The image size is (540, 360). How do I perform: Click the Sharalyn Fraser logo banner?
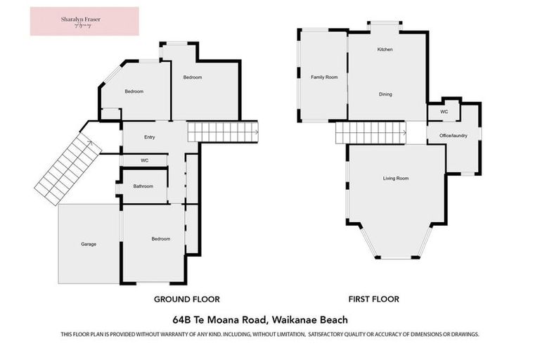pyautogui.click(x=84, y=21)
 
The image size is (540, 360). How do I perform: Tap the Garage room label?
pyautogui.click(x=88, y=244)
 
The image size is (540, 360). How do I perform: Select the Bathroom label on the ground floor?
pyautogui.click(x=143, y=186)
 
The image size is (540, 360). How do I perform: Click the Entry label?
pyautogui.click(x=149, y=137)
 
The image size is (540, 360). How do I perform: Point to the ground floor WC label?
pyautogui.click(x=144, y=160)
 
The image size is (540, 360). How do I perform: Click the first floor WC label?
pyautogui.click(x=444, y=112)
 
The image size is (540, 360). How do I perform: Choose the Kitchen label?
pyautogui.click(x=385, y=50)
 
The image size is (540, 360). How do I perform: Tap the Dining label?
pyautogui.click(x=385, y=94)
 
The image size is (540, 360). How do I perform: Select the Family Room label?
pyautogui.click(x=324, y=77)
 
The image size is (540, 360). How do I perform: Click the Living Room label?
pyautogui.click(x=395, y=178)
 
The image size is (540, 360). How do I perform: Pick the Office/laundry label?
pyautogui.click(x=454, y=135)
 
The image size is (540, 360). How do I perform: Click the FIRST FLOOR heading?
pyautogui.click(x=375, y=299)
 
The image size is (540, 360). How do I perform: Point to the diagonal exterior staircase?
pyautogui.click(x=68, y=170)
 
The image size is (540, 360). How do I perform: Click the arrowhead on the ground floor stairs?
pyautogui.click(x=255, y=131)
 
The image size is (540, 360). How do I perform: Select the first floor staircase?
pyautogui.click(x=371, y=131)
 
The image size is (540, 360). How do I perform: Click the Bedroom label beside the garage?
pyautogui.click(x=160, y=239)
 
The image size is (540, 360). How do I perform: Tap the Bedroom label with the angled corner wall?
pyautogui.click(x=134, y=91)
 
